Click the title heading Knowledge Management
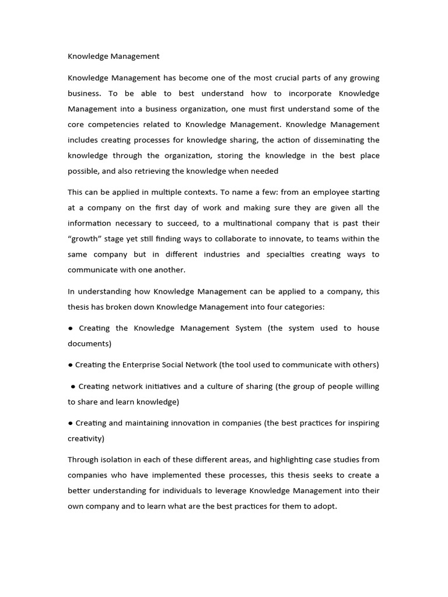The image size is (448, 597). tap(113, 57)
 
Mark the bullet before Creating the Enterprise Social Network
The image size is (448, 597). tap(71, 365)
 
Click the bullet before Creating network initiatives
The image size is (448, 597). tap(73, 387)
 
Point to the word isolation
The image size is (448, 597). tap(120, 460)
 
